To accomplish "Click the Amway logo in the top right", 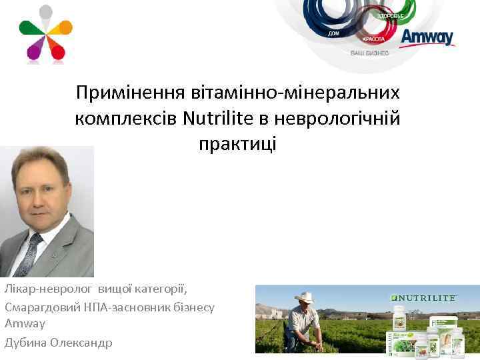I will pos(427,37).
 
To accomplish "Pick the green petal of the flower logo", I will pos(29,27).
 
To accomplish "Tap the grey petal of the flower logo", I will pos(46,13).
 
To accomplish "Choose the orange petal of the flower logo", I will pos(63,27).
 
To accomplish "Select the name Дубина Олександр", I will pos(59,343).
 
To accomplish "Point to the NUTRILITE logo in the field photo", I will pos(424,298).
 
